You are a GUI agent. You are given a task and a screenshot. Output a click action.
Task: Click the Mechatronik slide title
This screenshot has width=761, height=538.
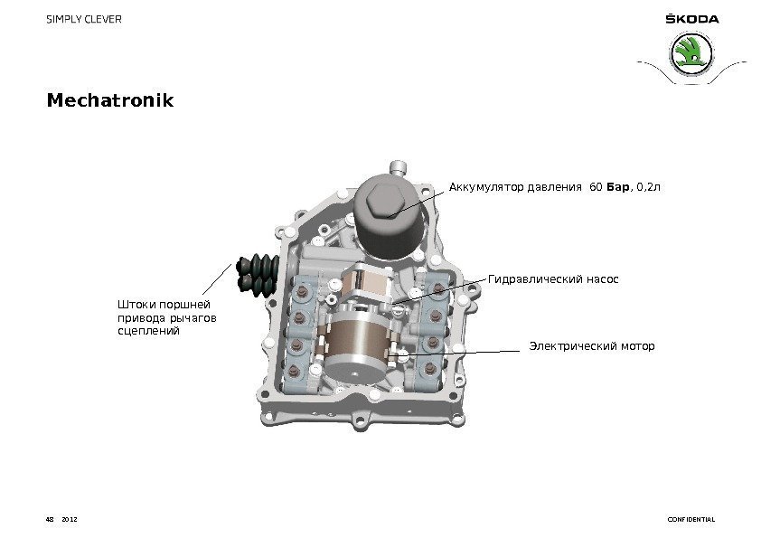(x=110, y=100)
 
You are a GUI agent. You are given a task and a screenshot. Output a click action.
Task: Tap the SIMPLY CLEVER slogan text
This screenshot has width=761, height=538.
(x=84, y=19)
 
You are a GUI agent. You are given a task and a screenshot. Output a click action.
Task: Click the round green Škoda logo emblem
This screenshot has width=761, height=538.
(x=691, y=54)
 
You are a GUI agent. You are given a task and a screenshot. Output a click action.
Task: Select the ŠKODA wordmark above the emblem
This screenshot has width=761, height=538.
(x=692, y=18)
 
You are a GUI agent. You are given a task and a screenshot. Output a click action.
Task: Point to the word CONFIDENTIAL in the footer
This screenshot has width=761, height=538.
(x=691, y=520)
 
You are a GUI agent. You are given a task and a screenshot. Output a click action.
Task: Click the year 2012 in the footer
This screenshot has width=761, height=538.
(x=70, y=520)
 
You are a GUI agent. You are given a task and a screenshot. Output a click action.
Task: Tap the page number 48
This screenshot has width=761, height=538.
(x=50, y=520)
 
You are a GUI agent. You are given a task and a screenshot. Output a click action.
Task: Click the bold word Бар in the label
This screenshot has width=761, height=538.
(x=618, y=187)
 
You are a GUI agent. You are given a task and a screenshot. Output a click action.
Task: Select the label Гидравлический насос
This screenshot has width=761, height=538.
(x=553, y=279)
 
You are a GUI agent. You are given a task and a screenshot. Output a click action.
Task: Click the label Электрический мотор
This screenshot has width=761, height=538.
(x=592, y=346)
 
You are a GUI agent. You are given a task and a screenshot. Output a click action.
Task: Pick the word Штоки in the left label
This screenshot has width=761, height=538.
(x=136, y=305)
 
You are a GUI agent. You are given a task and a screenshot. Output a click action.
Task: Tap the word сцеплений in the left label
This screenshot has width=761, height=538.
(x=148, y=331)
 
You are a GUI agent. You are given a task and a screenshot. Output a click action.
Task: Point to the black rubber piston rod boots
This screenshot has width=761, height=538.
(x=258, y=274)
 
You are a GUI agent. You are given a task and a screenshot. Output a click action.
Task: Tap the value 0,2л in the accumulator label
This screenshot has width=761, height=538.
(x=648, y=187)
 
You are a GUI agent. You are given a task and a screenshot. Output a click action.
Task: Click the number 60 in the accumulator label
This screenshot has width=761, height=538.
(x=596, y=187)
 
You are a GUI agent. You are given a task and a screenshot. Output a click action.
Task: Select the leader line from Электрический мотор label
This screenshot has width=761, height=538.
(x=456, y=353)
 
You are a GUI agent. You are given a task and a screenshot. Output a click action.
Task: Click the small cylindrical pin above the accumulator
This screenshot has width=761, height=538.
(x=398, y=168)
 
